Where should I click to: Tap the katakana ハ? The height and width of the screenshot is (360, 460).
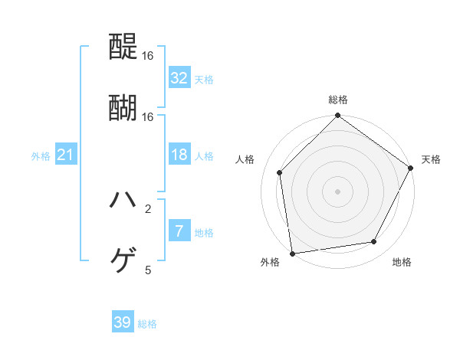coord(123,200)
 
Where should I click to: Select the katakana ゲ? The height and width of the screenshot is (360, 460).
coord(123,261)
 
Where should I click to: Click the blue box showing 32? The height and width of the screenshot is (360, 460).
coord(179,77)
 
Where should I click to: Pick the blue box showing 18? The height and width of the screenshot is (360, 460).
coord(179,155)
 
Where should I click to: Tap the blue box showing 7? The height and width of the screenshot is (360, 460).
coord(179,231)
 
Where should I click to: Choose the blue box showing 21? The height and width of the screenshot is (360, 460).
coord(66,155)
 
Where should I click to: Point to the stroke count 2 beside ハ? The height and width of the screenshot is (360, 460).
coord(148,208)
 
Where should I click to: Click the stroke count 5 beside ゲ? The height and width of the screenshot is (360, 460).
coord(148,270)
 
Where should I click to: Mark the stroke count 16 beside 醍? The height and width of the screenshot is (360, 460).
coord(148,56)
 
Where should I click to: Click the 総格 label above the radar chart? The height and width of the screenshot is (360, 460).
coord(338,100)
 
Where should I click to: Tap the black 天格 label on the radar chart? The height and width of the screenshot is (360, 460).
coord(431,159)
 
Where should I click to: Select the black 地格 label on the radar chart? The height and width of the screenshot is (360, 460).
coord(402,263)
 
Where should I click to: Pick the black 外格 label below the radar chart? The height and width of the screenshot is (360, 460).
coord(270,263)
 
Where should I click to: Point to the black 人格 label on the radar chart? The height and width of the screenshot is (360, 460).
coord(245,159)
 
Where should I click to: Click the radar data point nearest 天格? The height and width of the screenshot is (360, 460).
coord(411,169)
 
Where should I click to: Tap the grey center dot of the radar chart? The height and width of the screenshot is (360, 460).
coord(338,191)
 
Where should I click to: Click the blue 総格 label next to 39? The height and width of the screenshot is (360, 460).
coord(147,324)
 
